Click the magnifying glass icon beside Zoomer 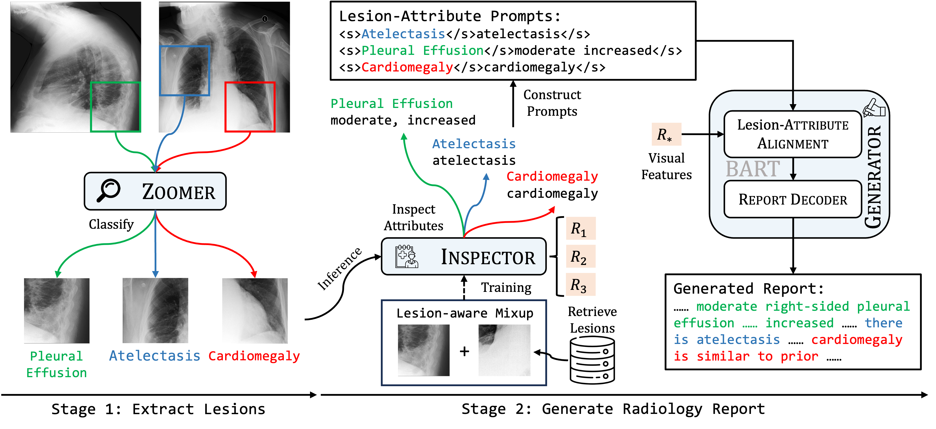pyautogui.click(x=108, y=190)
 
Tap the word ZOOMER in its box pyautogui.click(x=178, y=192)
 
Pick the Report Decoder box pyautogui.click(x=792, y=199)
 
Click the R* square pyautogui.click(x=666, y=134)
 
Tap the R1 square pyautogui.click(x=580, y=228)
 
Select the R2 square pyautogui.click(x=580, y=256)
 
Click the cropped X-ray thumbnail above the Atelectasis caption pyautogui.click(x=156, y=310)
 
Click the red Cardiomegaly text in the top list pyautogui.click(x=407, y=67)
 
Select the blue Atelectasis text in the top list pyautogui.click(x=403, y=34)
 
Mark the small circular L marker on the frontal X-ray pyautogui.click(x=265, y=19)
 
